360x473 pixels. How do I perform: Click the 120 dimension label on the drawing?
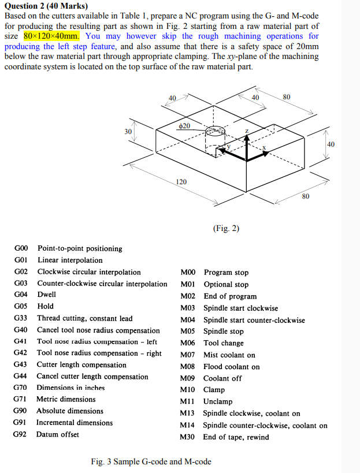coord(181,182)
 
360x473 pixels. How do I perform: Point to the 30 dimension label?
coord(128,132)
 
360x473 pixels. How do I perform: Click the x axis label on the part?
coord(264,148)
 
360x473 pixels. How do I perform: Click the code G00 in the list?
coord(21,248)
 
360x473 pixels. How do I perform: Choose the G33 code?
coord(21,318)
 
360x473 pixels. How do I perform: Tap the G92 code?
coord(21,434)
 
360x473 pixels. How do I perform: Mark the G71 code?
coord(21,399)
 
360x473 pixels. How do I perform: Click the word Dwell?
coord(47,295)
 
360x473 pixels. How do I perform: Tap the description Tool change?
coord(224,343)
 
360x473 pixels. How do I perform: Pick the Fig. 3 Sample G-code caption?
coord(151,461)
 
